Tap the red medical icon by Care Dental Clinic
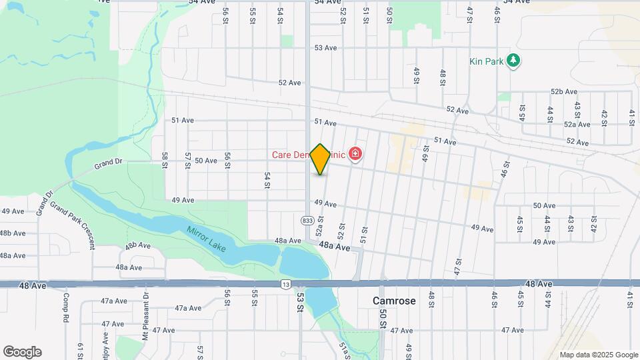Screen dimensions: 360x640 click(x=355, y=155)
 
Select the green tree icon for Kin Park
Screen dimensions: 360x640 click(x=513, y=61)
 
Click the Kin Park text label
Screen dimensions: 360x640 click(x=485, y=61)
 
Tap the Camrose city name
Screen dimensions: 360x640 click(x=394, y=301)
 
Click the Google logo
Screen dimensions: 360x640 click(x=22, y=352)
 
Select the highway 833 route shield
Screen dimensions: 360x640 click(x=307, y=220)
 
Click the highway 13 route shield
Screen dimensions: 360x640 click(x=286, y=285)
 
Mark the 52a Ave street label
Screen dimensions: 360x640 click(x=577, y=124)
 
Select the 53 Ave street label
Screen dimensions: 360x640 click(x=327, y=47)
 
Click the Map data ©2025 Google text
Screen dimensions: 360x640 click(x=598, y=355)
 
